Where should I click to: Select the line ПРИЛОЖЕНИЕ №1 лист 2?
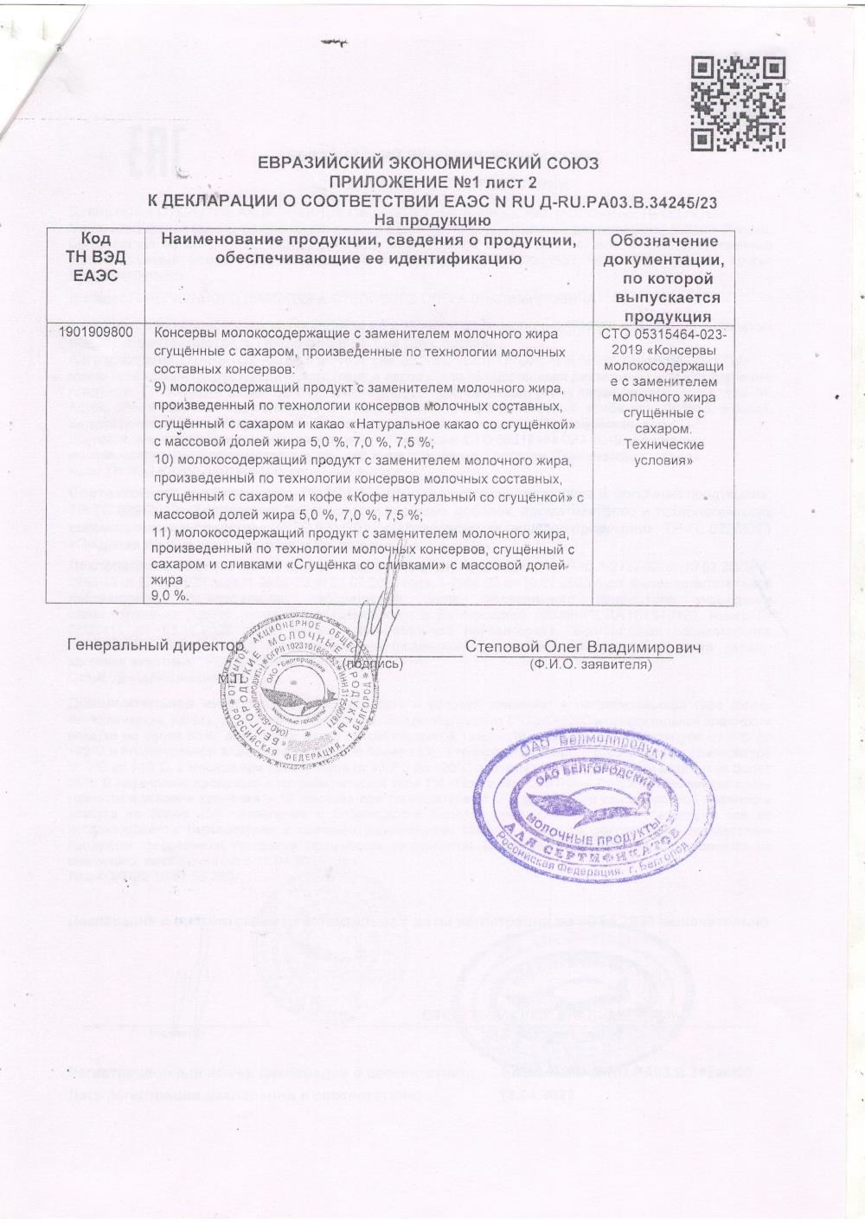pyautogui.click(x=429, y=182)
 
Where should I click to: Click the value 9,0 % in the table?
pyautogui.click(x=170, y=596)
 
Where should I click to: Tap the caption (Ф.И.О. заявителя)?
pyautogui.click(x=590, y=664)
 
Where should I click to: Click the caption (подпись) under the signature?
pyautogui.click(x=371, y=664)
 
